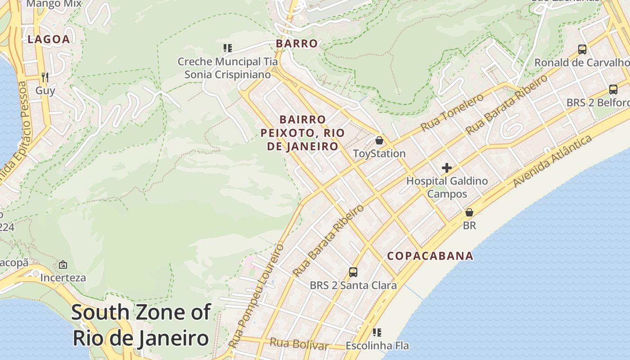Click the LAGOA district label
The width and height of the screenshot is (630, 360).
point(49,39)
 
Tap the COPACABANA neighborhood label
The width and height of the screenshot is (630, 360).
point(430,256)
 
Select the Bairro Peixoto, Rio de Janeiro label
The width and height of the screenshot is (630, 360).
point(302,133)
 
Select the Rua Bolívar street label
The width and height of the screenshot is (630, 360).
point(299,344)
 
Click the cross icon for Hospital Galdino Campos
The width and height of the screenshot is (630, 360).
point(446,168)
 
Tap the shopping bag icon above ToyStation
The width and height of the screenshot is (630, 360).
point(379,140)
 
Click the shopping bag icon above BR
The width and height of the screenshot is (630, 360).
point(469,212)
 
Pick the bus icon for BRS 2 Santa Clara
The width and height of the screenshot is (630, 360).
point(353,272)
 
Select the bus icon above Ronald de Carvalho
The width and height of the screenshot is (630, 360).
point(582,49)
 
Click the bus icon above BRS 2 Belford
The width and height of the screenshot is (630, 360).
point(613,90)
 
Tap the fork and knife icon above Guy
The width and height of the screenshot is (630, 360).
point(45,77)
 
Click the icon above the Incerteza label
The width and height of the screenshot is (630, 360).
point(63,265)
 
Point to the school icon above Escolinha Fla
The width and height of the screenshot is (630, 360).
point(377,333)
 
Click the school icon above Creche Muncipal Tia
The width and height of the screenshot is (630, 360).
point(228,48)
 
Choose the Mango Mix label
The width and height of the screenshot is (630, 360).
point(54,4)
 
